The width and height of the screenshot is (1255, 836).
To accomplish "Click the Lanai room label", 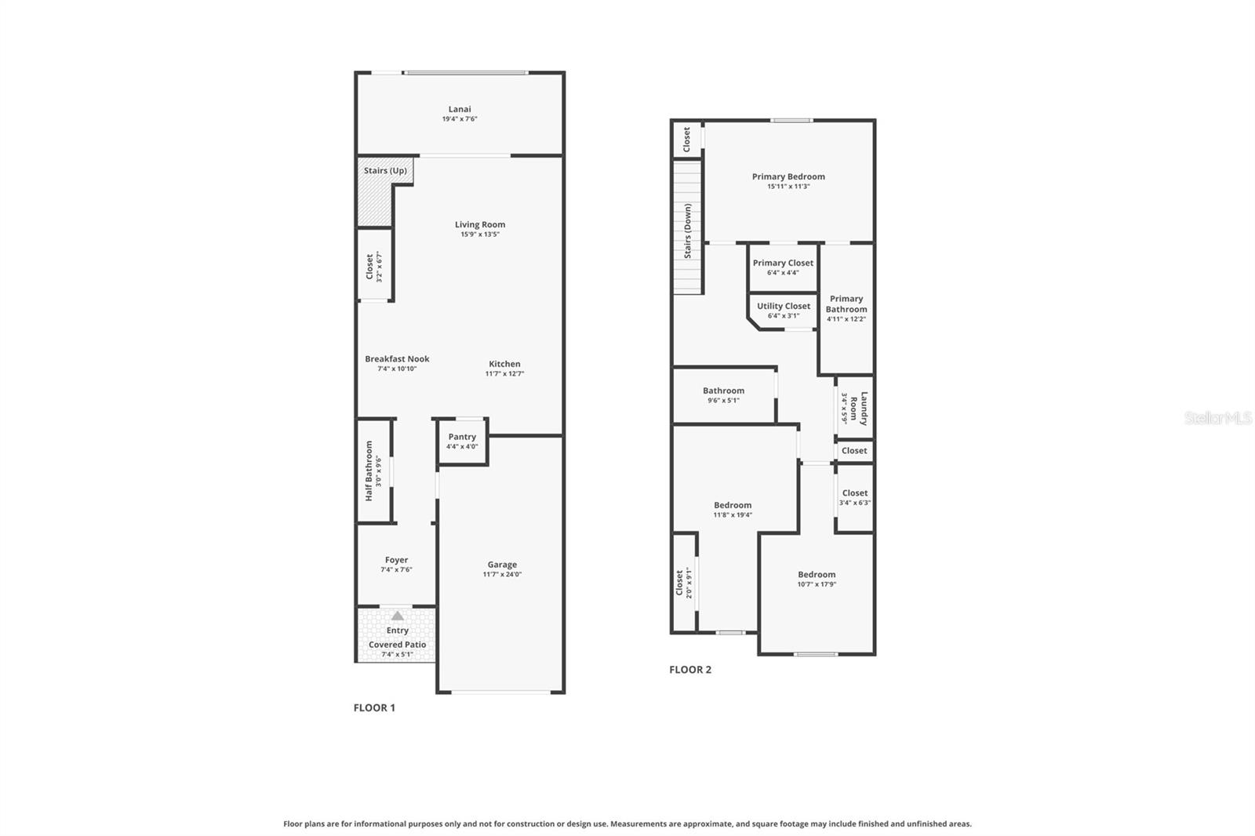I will click(x=460, y=110).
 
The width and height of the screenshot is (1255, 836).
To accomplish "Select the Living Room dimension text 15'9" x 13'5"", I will click(x=480, y=234).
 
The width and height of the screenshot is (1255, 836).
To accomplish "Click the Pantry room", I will click(x=462, y=442).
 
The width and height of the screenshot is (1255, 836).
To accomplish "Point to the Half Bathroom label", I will click(x=369, y=471).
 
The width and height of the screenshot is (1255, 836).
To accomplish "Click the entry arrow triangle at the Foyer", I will click(x=398, y=616).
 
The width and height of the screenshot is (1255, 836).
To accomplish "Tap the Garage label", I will click(x=502, y=565).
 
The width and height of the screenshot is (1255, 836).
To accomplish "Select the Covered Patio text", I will click(x=398, y=645).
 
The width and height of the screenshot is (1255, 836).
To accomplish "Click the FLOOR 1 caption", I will click(x=374, y=707).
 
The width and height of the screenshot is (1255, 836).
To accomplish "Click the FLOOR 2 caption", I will click(x=690, y=670).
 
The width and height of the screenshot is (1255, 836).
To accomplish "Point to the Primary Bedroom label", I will click(x=788, y=177).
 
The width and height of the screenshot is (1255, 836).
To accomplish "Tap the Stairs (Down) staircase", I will click(x=687, y=227).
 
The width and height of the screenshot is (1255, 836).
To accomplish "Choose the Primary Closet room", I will click(x=783, y=267).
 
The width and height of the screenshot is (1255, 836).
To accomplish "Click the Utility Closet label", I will click(x=784, y=307).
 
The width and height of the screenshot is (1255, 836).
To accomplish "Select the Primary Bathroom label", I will click(x=846, y=304).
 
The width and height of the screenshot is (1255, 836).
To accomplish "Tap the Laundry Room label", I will click(x=859, y=408).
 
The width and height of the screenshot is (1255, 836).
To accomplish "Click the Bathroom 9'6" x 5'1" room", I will click(x=723, y=394).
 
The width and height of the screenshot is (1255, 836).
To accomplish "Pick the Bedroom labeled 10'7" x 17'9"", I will click(x=817, y=579).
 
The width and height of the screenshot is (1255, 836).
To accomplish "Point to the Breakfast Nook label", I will click(x=397, y=359).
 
